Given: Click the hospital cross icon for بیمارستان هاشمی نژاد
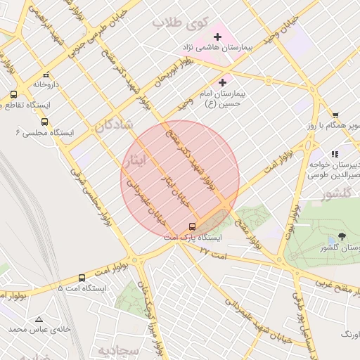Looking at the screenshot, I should (x=217, y=35).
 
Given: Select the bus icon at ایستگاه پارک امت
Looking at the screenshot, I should (x=192, y=226).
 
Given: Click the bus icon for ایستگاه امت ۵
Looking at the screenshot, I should (x=82, y=278).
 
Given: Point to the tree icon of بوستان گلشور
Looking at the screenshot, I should (x=342, y=236).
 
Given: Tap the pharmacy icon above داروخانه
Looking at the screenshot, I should (x=46, y=74).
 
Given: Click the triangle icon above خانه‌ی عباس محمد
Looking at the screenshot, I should (x=39, y=319).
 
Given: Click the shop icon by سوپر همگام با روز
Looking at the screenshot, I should (x=335, y=115).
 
